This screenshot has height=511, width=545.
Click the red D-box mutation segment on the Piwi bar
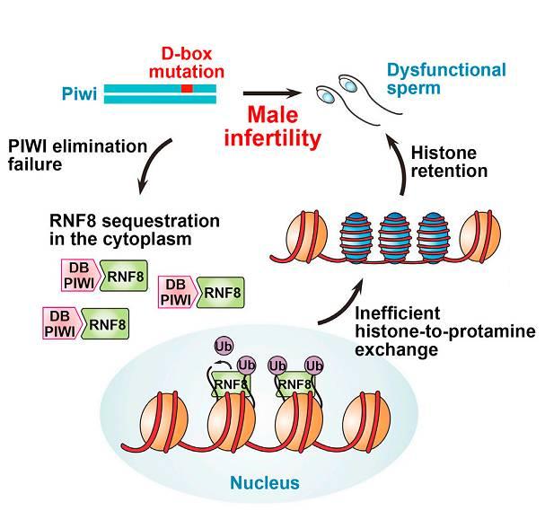186,89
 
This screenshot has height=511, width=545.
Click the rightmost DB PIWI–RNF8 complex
203,292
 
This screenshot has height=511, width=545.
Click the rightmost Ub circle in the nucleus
314,366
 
